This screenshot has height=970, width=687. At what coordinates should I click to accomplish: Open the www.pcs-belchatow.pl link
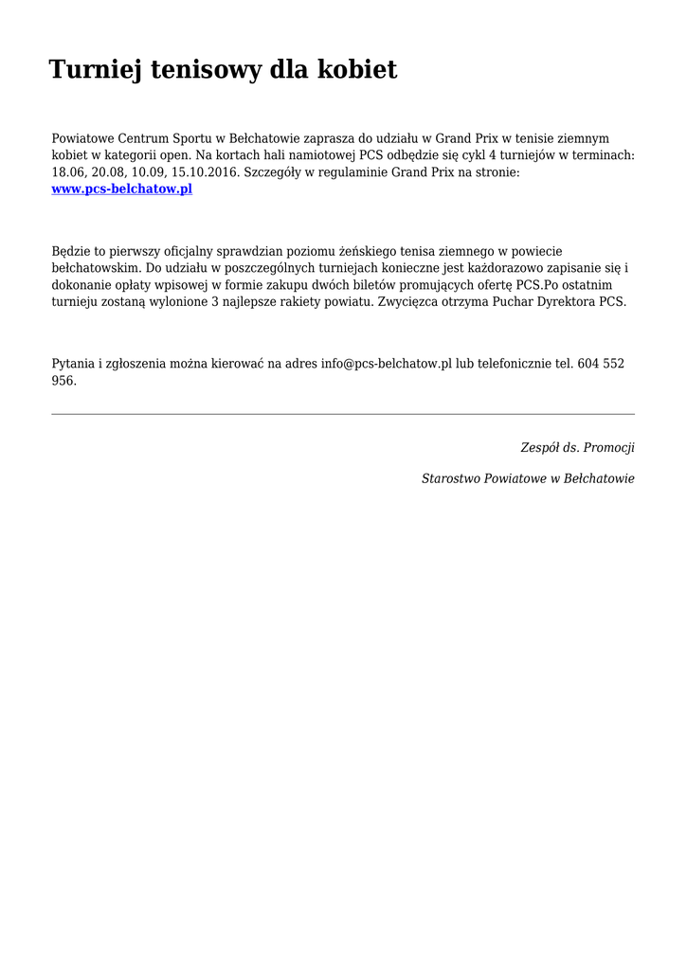pos(121,189)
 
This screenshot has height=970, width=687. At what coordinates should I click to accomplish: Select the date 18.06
pos(68,172)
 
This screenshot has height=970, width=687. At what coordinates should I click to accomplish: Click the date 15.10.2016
pos(206,172)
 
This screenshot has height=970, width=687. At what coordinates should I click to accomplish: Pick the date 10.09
pos(150,172)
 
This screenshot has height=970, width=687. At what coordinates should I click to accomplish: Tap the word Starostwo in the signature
pos(451,479)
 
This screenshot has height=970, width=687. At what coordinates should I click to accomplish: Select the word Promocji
pos(609,447)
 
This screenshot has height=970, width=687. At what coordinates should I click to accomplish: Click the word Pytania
pos(73,364)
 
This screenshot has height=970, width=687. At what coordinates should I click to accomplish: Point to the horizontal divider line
pos(343,414)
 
